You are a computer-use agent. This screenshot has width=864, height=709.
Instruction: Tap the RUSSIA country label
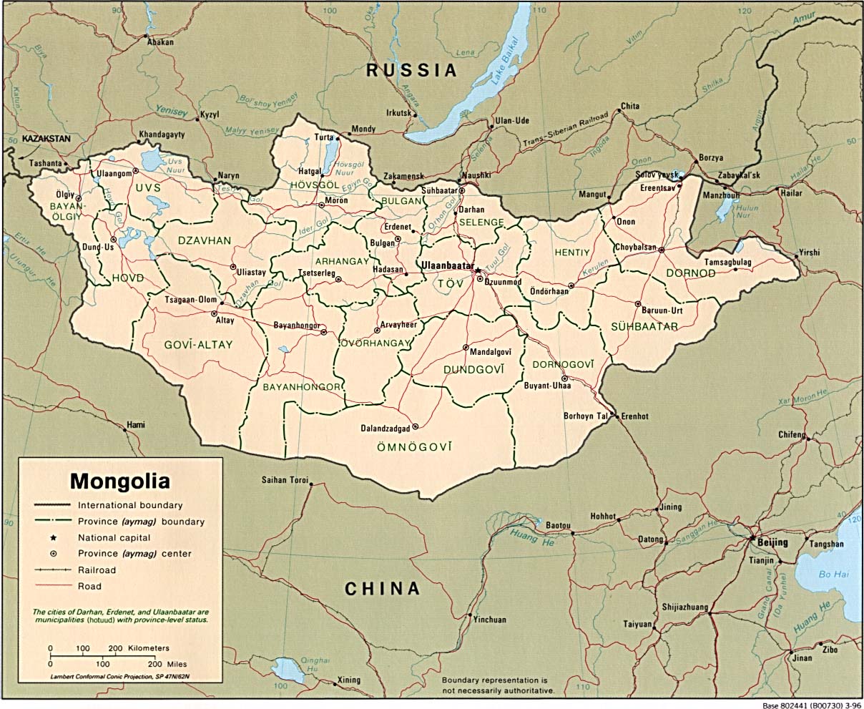[411, 70]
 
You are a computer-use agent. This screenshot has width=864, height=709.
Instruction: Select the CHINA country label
[382, 589]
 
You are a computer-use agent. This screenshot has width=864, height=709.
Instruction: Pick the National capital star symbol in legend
[53, 537]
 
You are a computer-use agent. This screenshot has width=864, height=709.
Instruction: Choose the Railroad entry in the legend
[97, 570]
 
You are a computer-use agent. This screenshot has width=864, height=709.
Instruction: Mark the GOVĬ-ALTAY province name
[198, 345]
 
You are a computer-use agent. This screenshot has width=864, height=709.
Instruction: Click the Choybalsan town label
[635, 248]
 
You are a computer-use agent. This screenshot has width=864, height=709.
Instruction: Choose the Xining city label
[349, 680]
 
